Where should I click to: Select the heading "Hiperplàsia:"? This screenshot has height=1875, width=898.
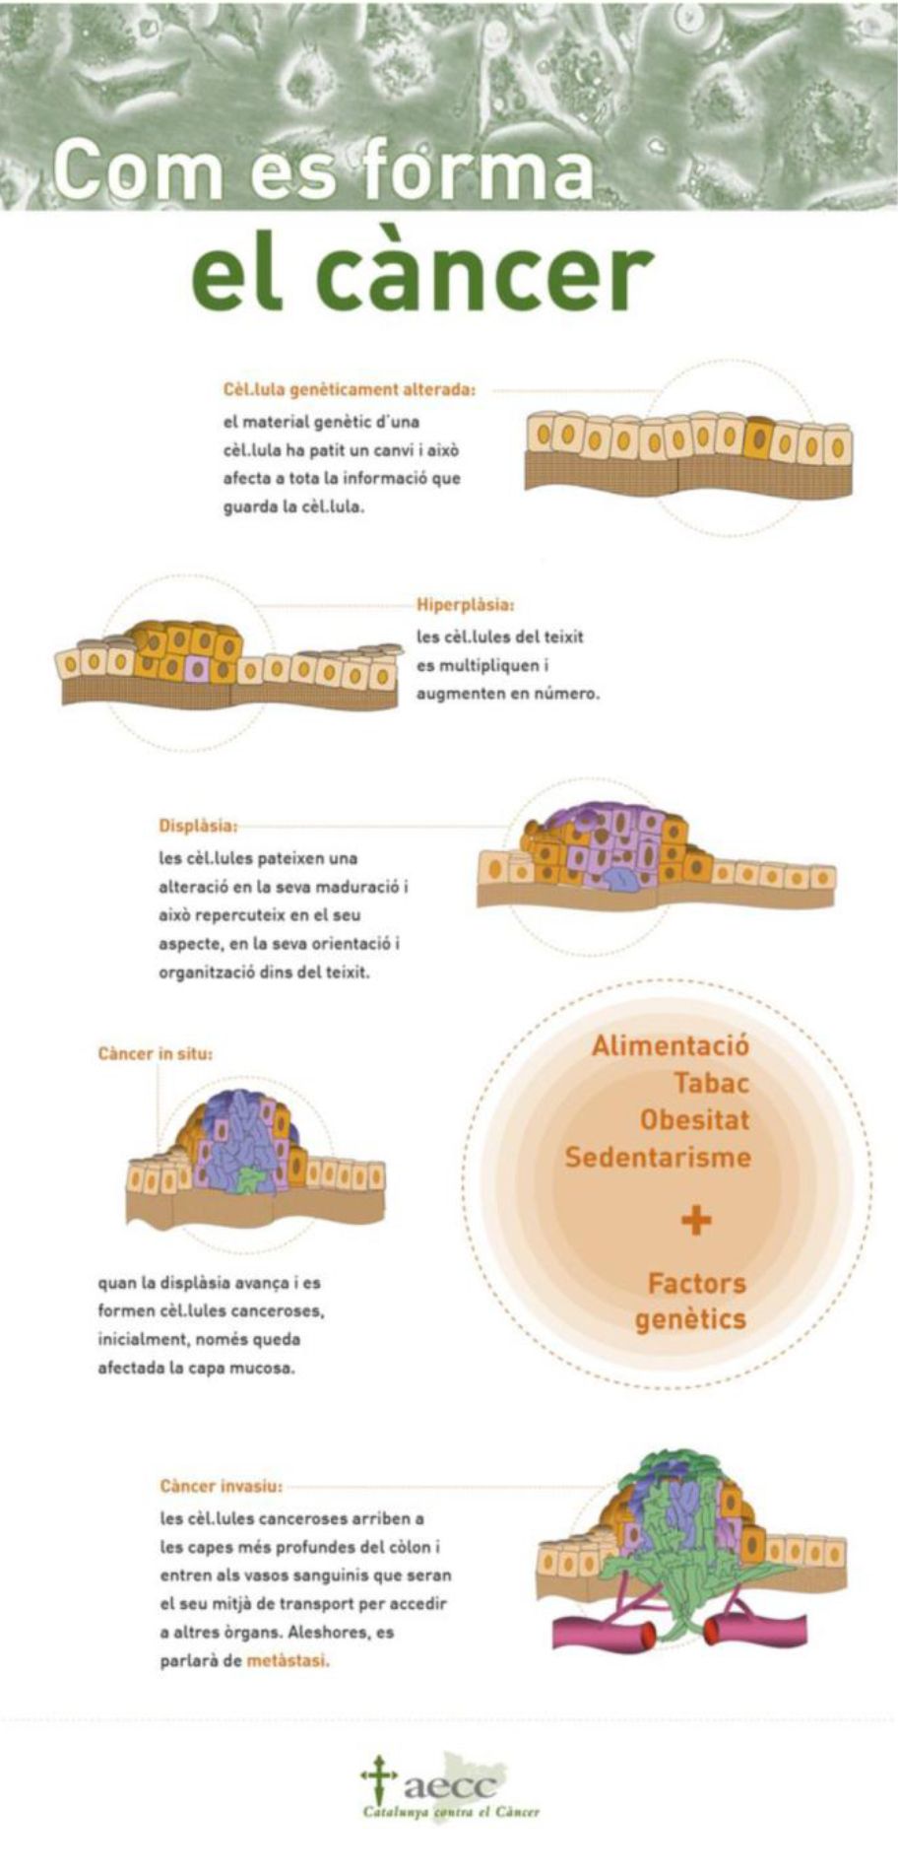point(465,605)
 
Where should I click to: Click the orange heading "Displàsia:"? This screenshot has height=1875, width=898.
point(197,826)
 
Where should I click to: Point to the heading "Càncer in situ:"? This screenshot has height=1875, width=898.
point(155,1054)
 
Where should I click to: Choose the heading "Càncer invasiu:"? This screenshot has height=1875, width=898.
point(221,1486)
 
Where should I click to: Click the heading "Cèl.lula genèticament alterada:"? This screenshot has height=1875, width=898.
point(349,390)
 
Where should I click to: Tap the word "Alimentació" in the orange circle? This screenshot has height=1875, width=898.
point(670,1046)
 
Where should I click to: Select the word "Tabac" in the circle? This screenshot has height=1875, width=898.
point(711,1084)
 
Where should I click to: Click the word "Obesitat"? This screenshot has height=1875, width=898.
point(693,1120)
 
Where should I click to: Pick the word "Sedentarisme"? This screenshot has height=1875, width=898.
point(657,1158)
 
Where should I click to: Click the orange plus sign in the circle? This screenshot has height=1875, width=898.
point(696,1222)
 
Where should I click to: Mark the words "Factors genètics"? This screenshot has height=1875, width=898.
point(692,1302)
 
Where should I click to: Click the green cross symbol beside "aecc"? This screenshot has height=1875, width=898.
point(377,1779)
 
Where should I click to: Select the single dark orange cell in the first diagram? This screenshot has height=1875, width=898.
point(759,439)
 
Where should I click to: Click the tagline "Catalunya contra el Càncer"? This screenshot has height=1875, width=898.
point(451,1812)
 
